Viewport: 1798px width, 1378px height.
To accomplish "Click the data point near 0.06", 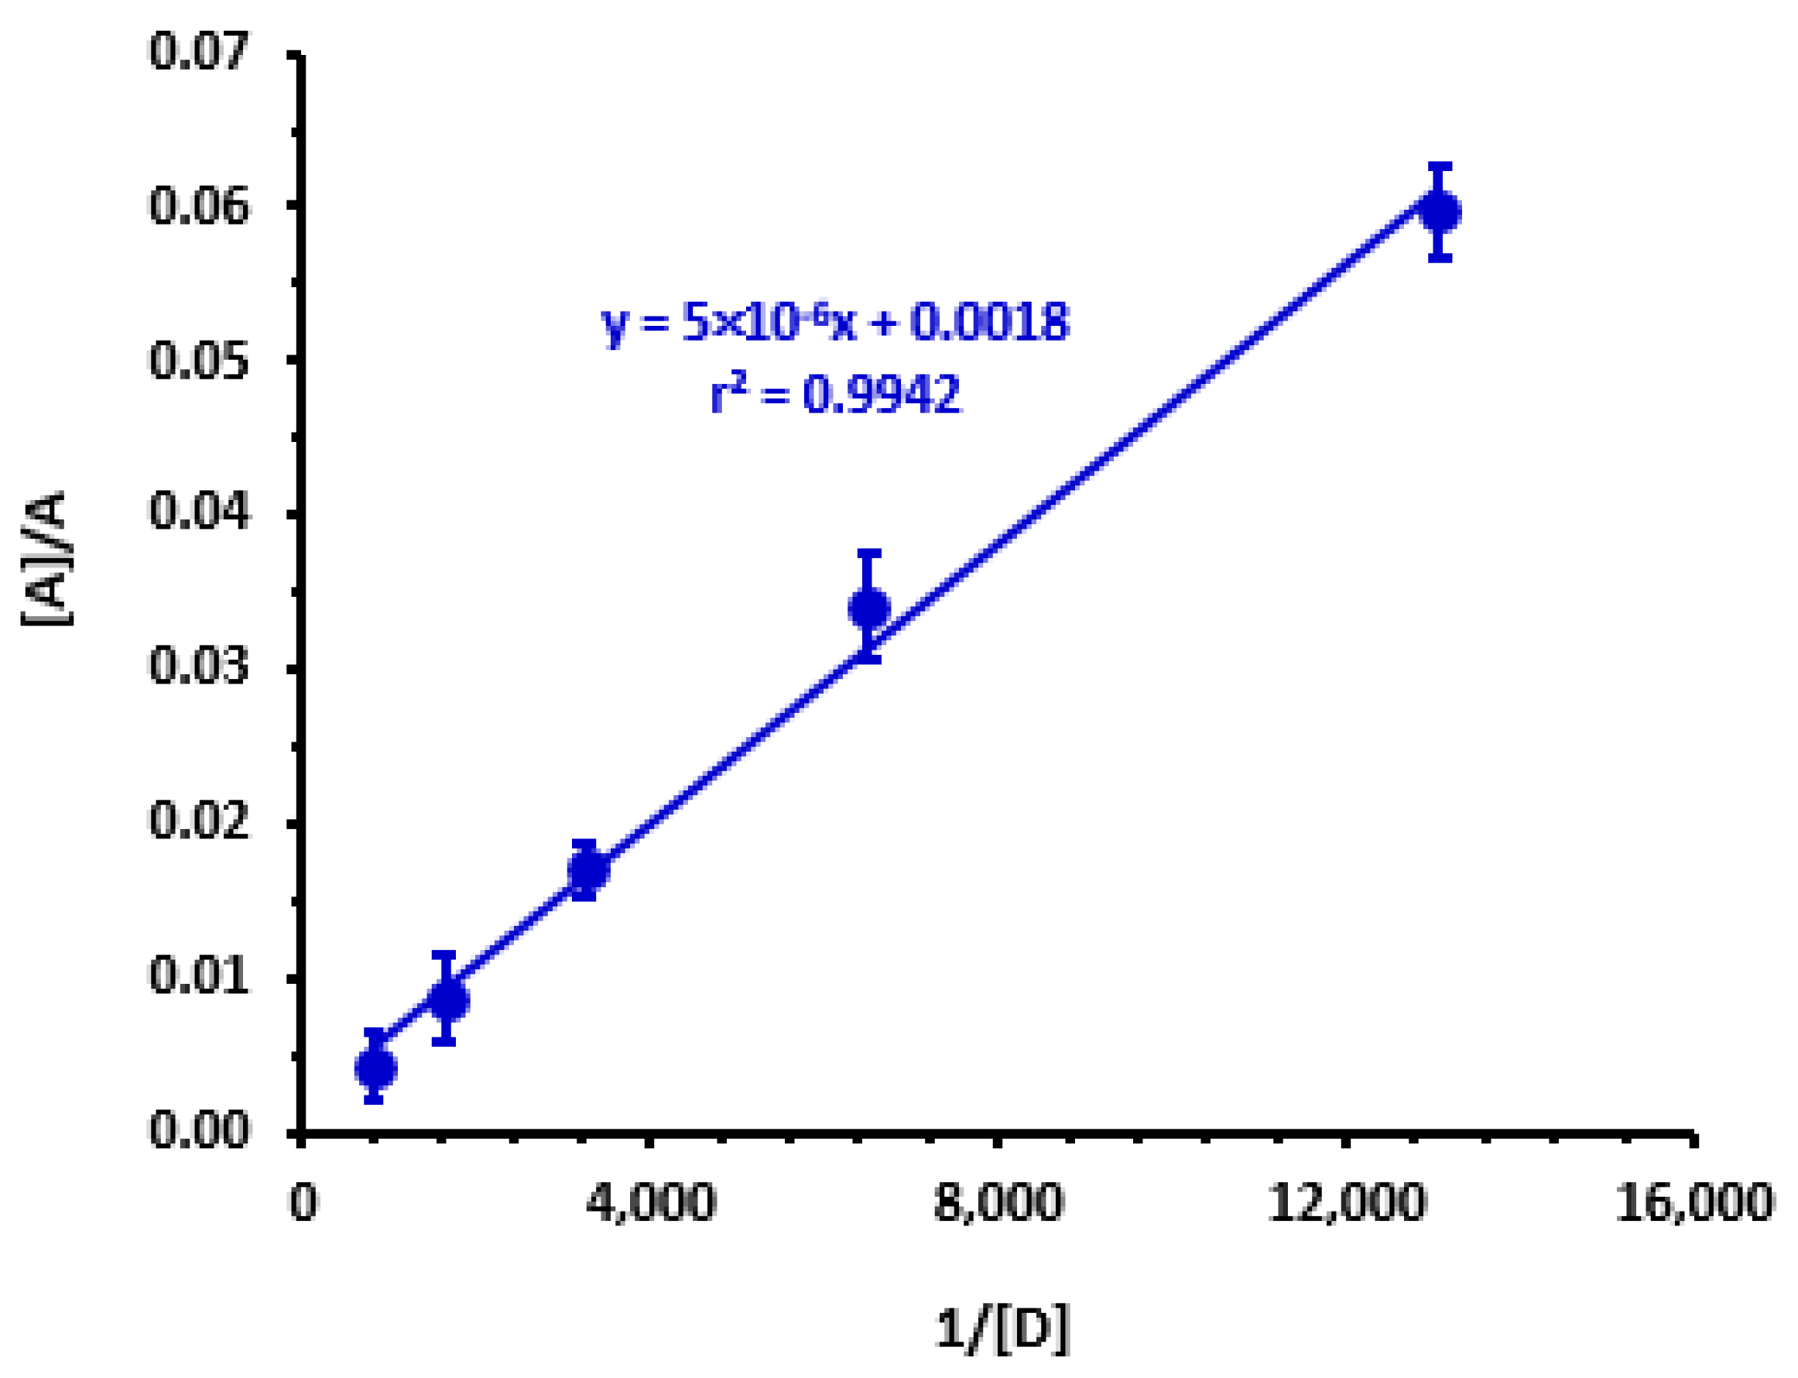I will pos(1440,211).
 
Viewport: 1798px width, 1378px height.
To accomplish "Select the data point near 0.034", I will pos(869,608).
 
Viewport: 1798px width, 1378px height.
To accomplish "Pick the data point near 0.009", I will pos(448,1000).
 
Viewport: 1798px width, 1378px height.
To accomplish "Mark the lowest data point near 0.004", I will pos(375,1068).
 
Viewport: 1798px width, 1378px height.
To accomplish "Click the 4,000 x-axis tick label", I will pos(650,1203).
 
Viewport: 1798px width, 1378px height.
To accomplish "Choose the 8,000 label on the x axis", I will pos(998,1203).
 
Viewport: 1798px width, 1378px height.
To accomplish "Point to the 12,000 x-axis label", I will pos(1347,1203).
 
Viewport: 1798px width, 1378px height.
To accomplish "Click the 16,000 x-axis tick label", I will pos(1694,1203).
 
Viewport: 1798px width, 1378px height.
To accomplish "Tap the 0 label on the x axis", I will pos(303,1203).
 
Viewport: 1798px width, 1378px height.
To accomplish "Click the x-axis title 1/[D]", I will pos(1002,1328).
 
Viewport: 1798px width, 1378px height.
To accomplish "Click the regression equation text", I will pos(835,322).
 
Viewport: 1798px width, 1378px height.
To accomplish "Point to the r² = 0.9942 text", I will pos(835,395).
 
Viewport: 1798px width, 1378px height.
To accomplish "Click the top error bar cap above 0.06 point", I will pos(1440,166).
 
